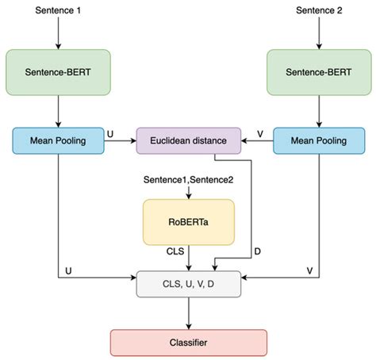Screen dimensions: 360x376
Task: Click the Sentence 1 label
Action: pyautogui.click(x=58, y=10)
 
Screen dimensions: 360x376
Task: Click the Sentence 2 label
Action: pyautogui.click(x=318, y=10)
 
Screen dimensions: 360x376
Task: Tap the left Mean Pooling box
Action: pyautogui.click(x=58, y=141)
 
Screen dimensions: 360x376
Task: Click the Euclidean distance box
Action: pyautogui.click(x=188, y=141)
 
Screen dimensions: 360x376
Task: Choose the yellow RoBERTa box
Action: pyautogui.click(x=188, y=221)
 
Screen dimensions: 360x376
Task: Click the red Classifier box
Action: pyautogui.click(x=188, y=343)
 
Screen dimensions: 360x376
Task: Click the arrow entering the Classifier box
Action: pyautogui.click(x=188, y=315)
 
